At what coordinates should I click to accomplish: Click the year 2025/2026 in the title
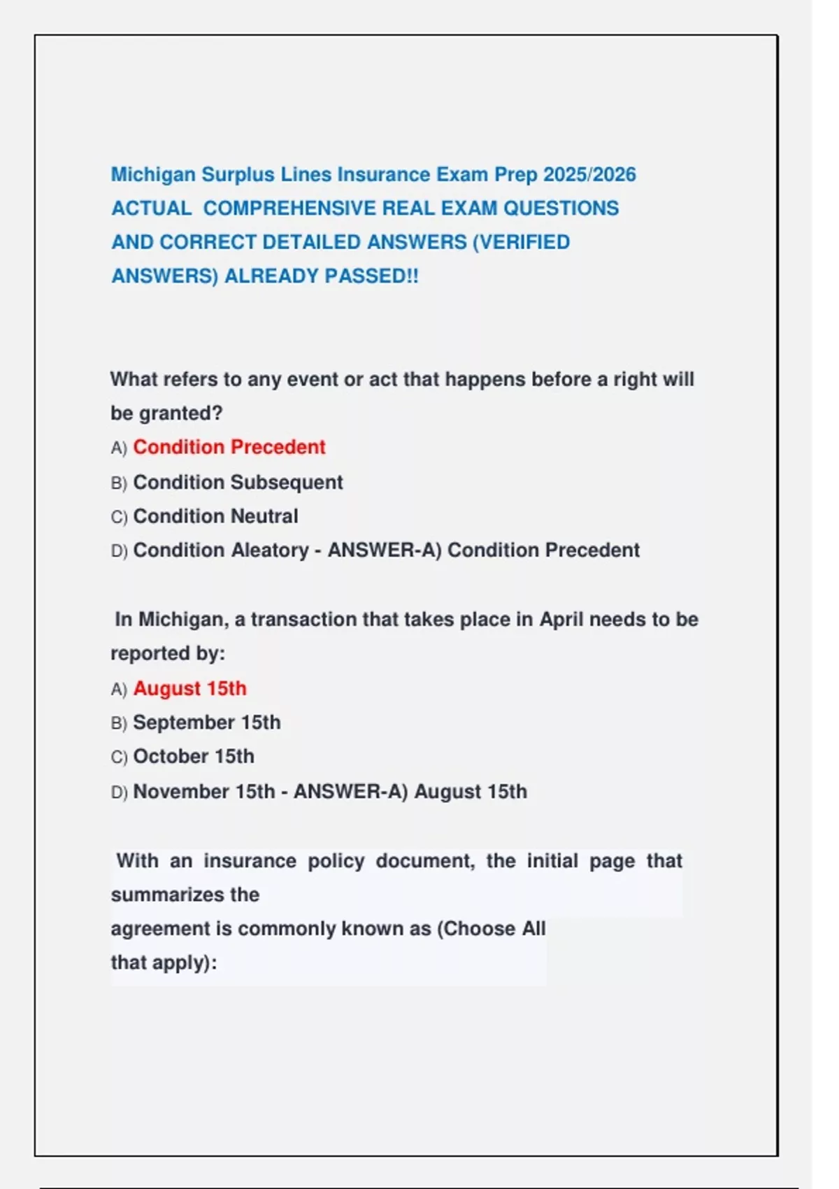(x=589, y=174)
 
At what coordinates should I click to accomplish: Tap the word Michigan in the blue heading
(x=153, y=174)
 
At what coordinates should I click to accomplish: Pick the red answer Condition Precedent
(x=229, y=447)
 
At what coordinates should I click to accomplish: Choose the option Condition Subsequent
(x=238, y=482)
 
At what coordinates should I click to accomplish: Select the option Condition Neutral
(x=215, y=516)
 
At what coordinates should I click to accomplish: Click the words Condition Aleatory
(x=220, y=550)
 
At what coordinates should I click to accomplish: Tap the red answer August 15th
(x=189, y=688)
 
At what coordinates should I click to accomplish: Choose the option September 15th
(x=207, y=722)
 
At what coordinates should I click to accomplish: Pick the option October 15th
(x=194, y=757)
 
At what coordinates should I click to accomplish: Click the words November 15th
(x=203, y=792)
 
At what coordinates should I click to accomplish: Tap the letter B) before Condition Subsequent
(x=119, y=483)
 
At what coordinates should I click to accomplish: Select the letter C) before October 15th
(x=119, y=757)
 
